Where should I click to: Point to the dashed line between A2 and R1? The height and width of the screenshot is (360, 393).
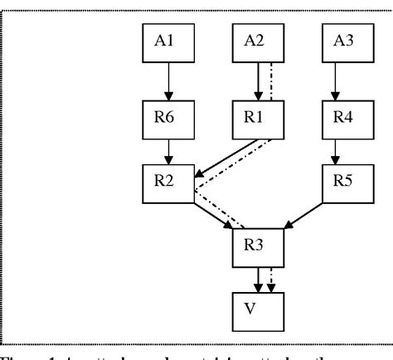tap(270, 79)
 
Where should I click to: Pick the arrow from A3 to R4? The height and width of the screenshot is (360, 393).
tap(335, 79)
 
